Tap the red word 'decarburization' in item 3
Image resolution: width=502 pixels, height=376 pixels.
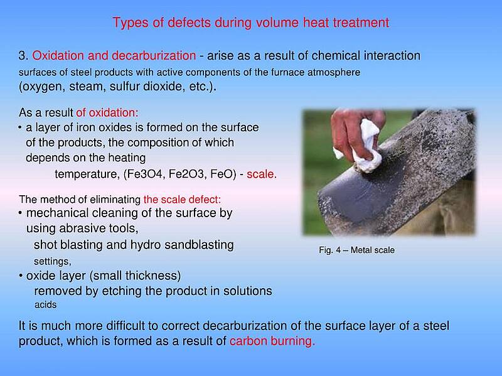(x=154, y=56)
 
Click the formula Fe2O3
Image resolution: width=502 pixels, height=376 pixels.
(x=186, y=174)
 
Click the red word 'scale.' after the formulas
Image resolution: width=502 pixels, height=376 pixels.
(x=262, y=174)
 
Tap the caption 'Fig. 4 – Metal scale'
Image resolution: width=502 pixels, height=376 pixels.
(x=356, y=250)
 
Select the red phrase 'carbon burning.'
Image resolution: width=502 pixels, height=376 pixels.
(x=272, y=341)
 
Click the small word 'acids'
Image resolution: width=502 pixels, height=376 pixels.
(x=45, y=304)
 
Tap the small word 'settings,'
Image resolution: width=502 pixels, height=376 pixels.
(x=53, y=261)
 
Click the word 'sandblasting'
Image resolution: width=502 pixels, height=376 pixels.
(x=199, y=245)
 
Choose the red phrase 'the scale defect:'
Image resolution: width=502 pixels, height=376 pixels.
(x=182, y=200)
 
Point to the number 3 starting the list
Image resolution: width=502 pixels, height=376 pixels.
(x=23, y=56)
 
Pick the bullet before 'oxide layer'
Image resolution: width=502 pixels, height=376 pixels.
(x=21, y=276)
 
